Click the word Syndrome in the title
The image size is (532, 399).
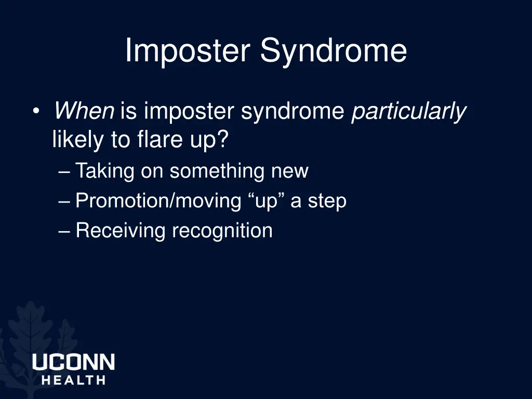click(x=334, y=51)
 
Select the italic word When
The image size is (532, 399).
click(x=84, y=111)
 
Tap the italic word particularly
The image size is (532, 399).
click(x=408, y=111)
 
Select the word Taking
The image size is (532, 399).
click(x=104, y=171)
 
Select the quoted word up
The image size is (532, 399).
click(x=267, y=201)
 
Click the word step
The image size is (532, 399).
click(x=327, y=201)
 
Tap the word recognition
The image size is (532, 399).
click(x=222, y=231)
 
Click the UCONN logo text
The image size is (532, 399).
click(x=73, y=362)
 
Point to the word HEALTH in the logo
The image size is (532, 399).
click(x=73, y=380)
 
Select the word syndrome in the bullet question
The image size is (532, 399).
click(x=294, y=111)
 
